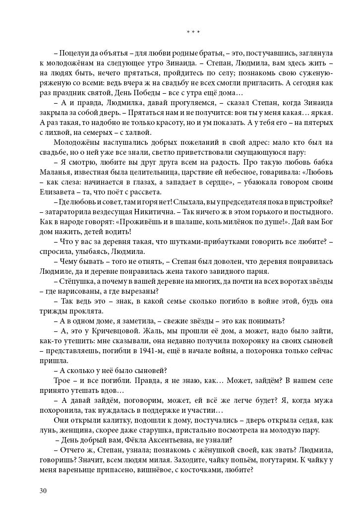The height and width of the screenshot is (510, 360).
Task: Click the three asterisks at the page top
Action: click(x=193, y=32)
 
